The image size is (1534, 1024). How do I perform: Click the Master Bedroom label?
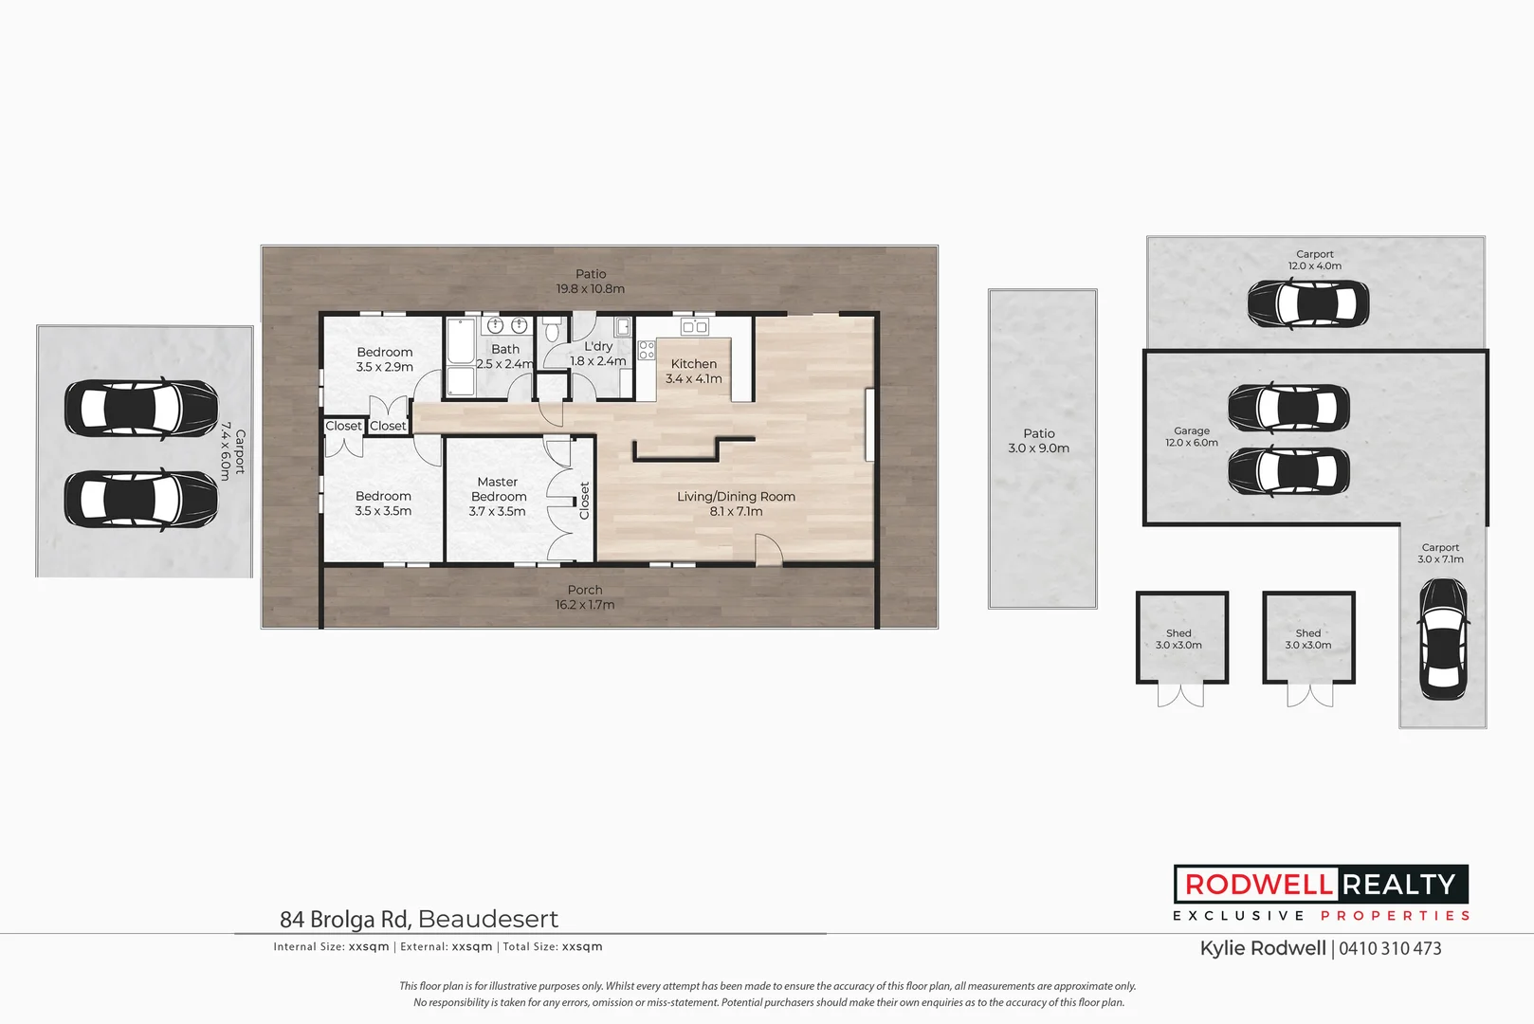(x=498, y=497)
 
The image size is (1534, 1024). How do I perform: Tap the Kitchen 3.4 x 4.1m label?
(x=694, y=372)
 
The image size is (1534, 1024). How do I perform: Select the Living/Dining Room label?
(x=736, y=503)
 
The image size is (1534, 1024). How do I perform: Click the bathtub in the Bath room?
(x=461, y=342)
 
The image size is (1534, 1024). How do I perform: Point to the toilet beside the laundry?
(x=553, y=332)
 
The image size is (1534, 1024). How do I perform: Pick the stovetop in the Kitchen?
(x=647, y=350)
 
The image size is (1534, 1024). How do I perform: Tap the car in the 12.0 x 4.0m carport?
(x=1307, y=304)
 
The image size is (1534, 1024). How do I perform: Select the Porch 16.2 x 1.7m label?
(x=585, y=597)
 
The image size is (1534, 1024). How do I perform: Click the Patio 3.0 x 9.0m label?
(x=1039, y=441)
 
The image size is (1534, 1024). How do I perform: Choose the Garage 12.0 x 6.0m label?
(x=1192, y=437)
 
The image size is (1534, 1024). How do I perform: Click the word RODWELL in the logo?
(x=1258, y=885)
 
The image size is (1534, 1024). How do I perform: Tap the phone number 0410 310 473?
(x=1390, y=949)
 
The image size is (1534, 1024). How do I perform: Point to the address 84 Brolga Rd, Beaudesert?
(x=419, y=919)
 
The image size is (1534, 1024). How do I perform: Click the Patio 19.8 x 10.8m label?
(x=590, y=282)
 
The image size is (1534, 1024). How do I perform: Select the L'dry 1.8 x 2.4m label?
(x=598, y=354)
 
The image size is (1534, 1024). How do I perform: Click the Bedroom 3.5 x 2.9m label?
(x=385, y=359)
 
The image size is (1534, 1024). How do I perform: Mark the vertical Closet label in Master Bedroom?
(x=584, y=501)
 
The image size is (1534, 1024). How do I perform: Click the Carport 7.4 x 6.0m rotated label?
(x=232, y=451)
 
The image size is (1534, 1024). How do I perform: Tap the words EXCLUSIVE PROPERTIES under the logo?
(x=1322, y=916)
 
